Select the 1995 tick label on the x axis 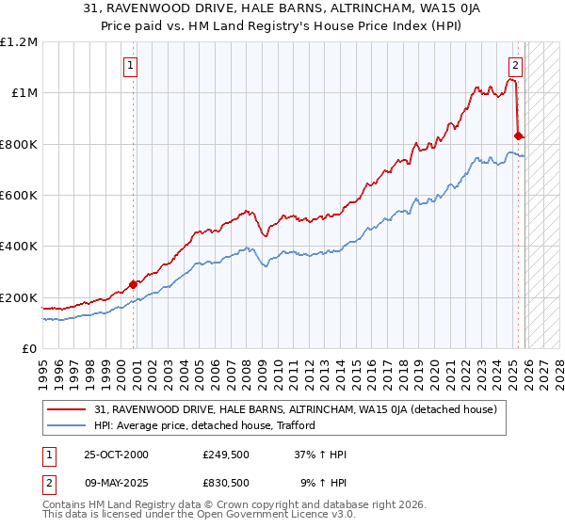tap(42, 367)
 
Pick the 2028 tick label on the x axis tap(560, 367)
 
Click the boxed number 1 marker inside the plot tap(130, 66)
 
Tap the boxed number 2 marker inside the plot tap(516, 66)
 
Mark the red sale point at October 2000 tap(134, 284)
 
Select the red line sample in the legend tap(68, 409)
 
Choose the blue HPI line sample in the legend tap(68, 425)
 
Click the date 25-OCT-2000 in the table tap(116, 455)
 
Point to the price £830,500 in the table tap(225, 482)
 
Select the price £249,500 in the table tap(225, 455)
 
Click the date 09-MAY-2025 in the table tap(117, 482)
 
